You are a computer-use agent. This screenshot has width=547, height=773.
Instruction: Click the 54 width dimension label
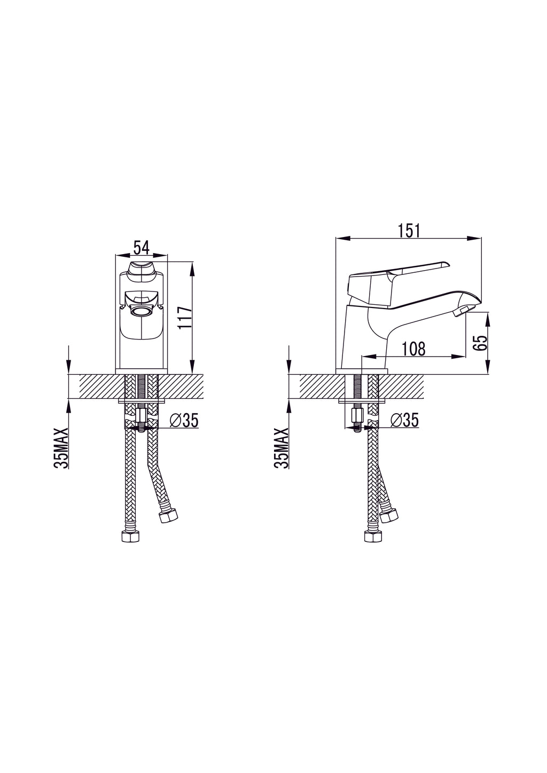(141, 248)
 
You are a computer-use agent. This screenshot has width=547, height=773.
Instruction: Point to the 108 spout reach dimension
(413, 349)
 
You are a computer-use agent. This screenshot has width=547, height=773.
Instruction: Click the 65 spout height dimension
(480, 343)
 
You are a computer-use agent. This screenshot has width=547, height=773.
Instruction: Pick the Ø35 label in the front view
(184, 420)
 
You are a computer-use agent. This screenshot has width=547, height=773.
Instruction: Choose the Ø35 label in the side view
(404, 420)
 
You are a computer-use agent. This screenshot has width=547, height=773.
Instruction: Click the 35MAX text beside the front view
(60, 448)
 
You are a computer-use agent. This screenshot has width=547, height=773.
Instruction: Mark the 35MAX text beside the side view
(281, 448)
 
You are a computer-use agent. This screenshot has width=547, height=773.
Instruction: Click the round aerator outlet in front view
(141, 311)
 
